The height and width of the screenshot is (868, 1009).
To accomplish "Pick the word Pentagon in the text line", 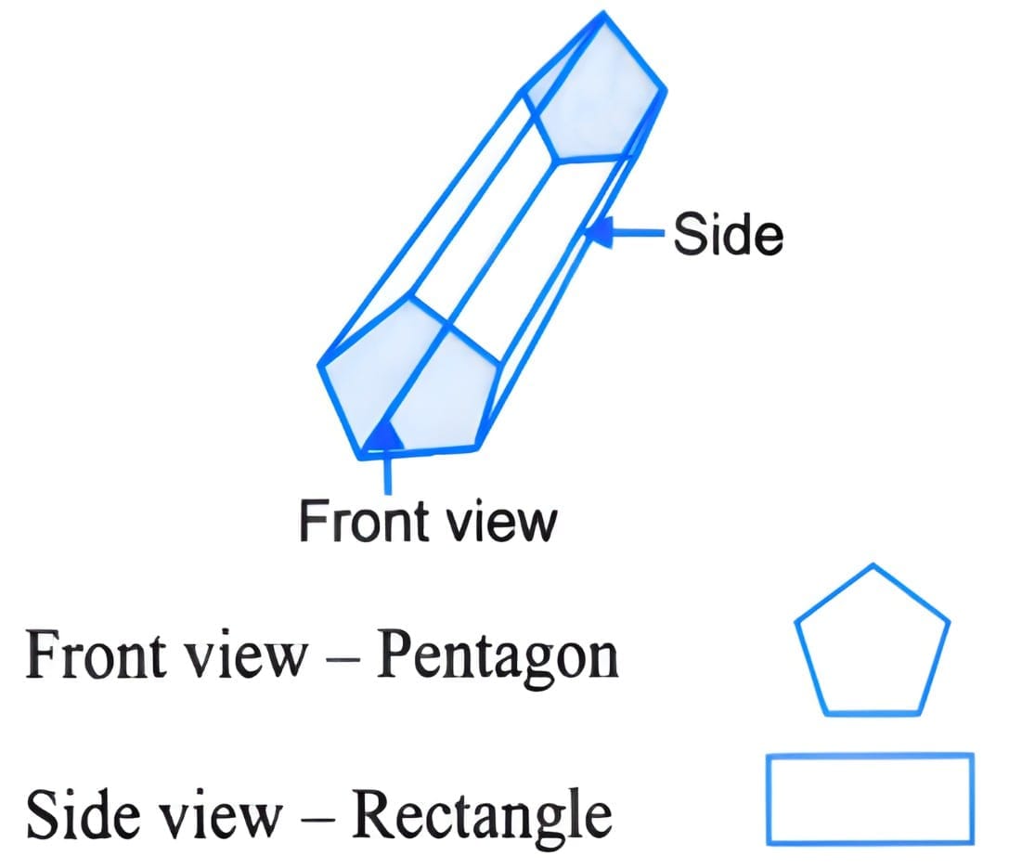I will pyautogui.click(x=497, y=657).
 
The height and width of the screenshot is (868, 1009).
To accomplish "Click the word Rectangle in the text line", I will pyautogui.click(x=483, y=815).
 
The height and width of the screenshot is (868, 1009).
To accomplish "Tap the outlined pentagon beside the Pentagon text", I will pyautogui.click(x=873, y=645).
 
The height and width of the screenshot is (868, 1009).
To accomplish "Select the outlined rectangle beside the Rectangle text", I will pyautogui.click(x=870, y=798).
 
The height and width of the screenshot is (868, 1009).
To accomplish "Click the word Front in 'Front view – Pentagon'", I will pyautogui.click(x=84, y=657).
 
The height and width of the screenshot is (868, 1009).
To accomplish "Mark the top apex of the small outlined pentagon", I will pyautogui.click(x=873, y=565).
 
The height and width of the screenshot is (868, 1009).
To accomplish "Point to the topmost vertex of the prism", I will pyautogui.click(x=605, y=14).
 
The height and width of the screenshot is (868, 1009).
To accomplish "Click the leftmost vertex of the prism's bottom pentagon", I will pyautogui.click(x=320, y=365).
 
